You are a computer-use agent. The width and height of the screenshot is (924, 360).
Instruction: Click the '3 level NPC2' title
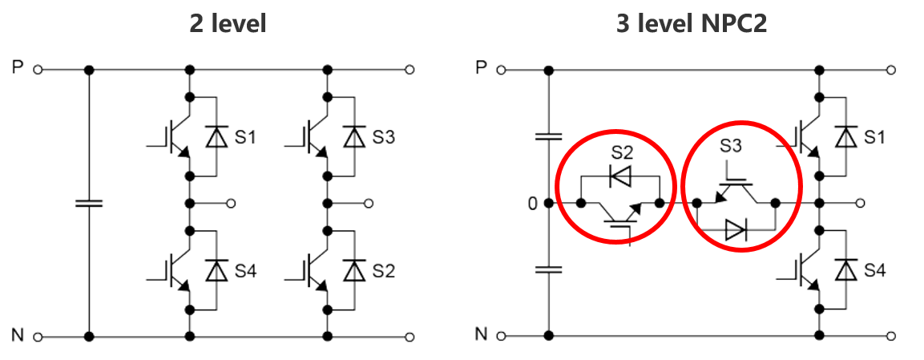(x=691, y=24)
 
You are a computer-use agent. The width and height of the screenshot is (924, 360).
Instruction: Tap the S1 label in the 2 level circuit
(x=245, y=137)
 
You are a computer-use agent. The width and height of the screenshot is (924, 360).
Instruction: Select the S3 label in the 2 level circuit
(x=383, y=137)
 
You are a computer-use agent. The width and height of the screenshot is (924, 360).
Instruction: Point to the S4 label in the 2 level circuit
(x=245, y=271)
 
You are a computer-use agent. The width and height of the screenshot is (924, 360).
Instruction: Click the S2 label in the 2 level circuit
(x=383, y=271)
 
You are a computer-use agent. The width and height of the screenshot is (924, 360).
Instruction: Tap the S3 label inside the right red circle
(x=731, y=146)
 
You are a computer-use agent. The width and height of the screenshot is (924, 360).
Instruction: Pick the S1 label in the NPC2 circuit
(x=874, y=137)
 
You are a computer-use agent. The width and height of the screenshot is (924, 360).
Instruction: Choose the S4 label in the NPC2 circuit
(x=874, y=271)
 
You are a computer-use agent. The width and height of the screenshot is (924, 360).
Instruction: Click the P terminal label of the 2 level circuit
(x=18, y=68)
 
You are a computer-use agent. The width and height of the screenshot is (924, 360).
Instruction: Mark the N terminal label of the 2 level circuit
(x=18, y=335)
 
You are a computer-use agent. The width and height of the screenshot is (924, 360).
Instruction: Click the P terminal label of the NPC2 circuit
(x=481, y=68)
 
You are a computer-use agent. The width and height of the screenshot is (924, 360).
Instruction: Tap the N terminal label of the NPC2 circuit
(x=481, y=335)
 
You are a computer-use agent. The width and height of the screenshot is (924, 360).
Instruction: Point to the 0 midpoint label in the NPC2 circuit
(x=531, y=204)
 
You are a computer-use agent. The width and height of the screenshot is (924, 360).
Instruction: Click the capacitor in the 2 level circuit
(x=89, y=203)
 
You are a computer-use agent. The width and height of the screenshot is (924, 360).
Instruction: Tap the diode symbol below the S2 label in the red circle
(x=620, y=176)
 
